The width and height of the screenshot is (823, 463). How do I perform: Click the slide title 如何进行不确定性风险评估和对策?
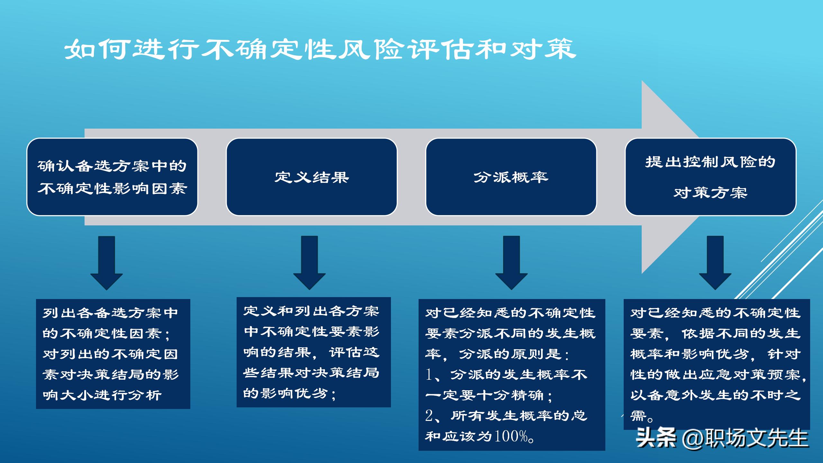320,50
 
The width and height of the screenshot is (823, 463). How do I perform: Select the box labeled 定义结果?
312,177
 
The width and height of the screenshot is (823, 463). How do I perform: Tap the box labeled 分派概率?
511,177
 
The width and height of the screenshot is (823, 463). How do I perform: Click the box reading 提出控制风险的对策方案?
710,177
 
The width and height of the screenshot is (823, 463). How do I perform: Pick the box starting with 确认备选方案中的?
112,177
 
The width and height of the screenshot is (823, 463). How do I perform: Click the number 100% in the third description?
511,436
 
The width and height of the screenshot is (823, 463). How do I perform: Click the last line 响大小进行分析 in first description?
102,395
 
